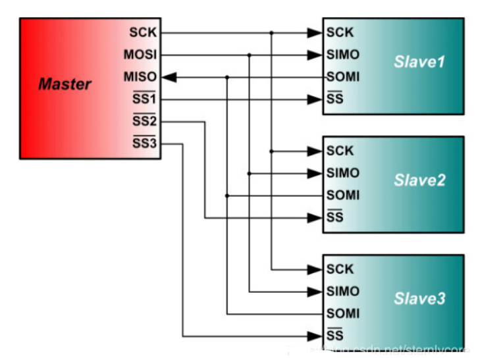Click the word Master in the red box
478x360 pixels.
(65, 84)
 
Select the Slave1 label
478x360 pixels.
(419, 63)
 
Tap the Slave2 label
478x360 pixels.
(419, 180)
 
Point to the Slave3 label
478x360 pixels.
(419, 299)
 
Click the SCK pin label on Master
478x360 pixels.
(142, 32)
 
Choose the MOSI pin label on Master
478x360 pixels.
(140, 55)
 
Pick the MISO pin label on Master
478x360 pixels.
(140, 77)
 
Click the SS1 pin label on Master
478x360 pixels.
(144, 100)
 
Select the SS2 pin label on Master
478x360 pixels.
(144, 122)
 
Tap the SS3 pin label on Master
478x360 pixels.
(144, 144)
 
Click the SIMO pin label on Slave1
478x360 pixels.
(343, 55)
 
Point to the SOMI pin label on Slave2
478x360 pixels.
(343, 195)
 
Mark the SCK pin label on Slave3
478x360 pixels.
(340, 269)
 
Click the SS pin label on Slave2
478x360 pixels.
(335, 218)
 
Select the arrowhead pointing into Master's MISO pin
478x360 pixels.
(169, 77)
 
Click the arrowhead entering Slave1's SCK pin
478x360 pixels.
(314, 32)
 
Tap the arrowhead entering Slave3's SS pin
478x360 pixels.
(314, 336)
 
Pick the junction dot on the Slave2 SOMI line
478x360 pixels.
(227, 195)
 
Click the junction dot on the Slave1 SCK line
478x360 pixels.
(272, 32)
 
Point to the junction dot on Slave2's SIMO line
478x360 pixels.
(250, 173)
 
